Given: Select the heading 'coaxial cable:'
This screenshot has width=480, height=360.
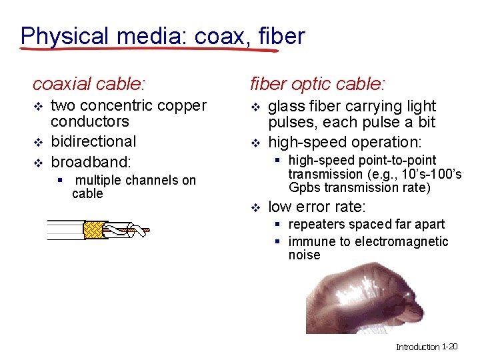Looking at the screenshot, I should (x=89, y=84).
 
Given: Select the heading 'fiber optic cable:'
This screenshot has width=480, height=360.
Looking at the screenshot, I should (x=317, y=84).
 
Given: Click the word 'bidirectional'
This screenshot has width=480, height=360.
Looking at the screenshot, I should (x=93, y=141).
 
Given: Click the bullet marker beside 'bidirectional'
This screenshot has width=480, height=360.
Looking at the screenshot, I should (x=38, y=143).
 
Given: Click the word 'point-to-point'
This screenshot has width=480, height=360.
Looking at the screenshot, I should (x=397, y=161).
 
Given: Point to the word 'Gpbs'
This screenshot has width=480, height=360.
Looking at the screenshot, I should (x=303, y=188).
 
